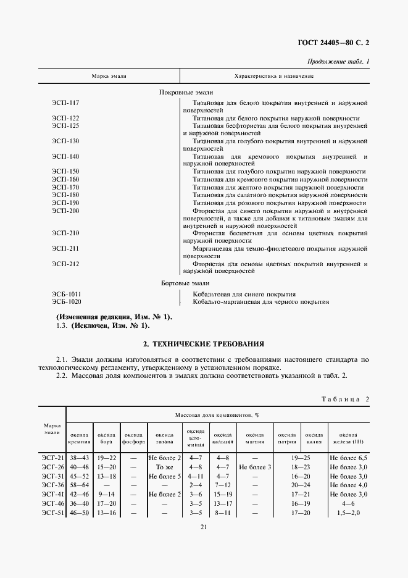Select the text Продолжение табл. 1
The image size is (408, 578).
338,62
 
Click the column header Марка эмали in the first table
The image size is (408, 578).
109,76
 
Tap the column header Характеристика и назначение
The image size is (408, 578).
275,76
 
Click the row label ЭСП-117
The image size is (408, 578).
65,102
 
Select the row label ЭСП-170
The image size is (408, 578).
65,187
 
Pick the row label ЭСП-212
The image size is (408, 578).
65,264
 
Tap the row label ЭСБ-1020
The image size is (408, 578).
67,302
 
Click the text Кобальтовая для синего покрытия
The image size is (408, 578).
244,294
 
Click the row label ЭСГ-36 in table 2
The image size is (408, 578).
51,485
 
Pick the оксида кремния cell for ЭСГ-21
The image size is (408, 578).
79,458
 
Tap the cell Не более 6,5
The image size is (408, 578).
349,458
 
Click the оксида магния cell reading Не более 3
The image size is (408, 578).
255,467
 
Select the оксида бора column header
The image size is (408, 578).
107,438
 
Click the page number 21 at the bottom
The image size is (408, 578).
203,526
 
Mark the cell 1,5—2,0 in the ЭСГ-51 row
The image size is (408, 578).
349,513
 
